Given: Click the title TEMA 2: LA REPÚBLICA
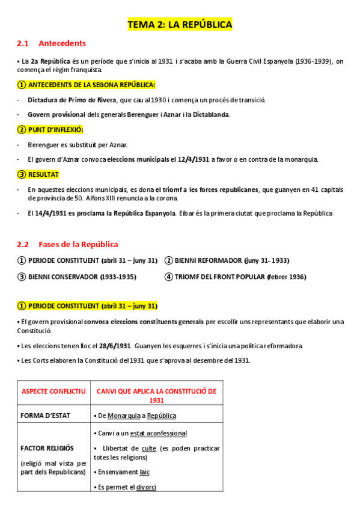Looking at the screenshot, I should tap(180, 25).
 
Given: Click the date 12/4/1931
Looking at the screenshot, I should tap(194, 159).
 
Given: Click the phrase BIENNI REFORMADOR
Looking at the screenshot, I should tap(207, 260).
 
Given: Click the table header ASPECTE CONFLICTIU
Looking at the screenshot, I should tap(54, 392).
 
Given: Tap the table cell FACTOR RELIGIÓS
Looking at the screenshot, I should tap(47, 448).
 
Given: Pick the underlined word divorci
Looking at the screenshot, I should tap(146, 487).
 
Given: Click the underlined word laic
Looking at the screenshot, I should tap(144, 472).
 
